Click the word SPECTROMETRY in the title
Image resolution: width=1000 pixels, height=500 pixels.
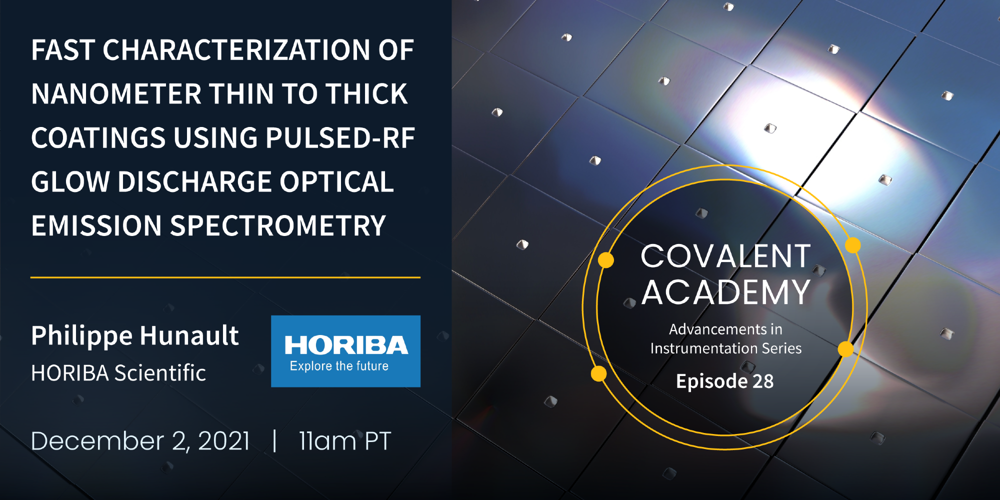278,225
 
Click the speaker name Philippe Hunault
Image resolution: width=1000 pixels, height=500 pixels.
135,335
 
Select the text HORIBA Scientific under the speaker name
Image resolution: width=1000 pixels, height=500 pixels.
118,373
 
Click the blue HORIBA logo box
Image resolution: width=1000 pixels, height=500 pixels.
345,351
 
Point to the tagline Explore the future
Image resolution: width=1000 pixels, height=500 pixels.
339,366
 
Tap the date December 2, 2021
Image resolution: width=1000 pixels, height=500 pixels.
140,441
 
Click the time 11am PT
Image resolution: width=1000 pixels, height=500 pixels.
345,441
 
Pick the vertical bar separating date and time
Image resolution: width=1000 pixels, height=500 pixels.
274,440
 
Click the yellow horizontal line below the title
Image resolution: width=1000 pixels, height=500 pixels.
225,277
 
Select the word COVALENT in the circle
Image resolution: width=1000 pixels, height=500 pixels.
725,256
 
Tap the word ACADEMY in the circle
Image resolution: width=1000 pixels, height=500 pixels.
725,292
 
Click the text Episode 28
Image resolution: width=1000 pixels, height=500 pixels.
725,381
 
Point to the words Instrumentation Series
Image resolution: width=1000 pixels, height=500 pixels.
726,348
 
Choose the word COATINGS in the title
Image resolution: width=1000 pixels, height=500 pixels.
98,138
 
